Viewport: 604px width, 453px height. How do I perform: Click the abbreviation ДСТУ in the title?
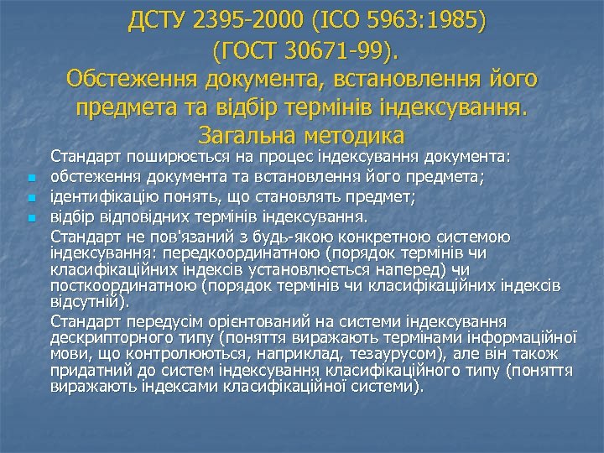pos(159,20)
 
